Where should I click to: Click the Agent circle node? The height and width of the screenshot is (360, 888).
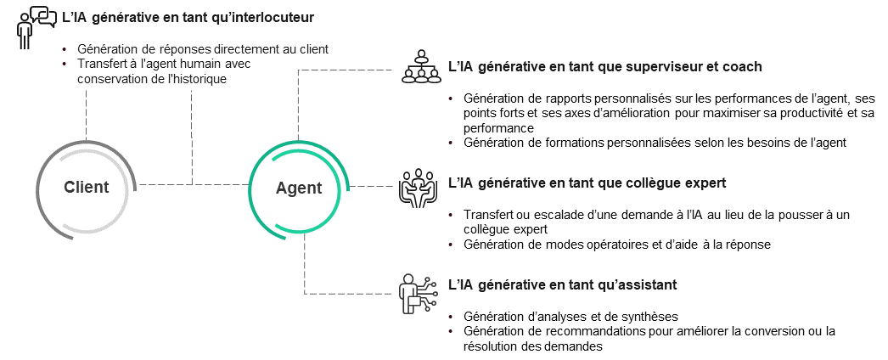tap(298, 188)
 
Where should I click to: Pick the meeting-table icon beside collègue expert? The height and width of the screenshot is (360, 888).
tap(416, 189)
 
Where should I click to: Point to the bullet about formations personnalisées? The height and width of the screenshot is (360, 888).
tap(655, 143)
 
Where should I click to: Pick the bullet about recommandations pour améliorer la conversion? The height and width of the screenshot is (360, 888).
tap(649, 339)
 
